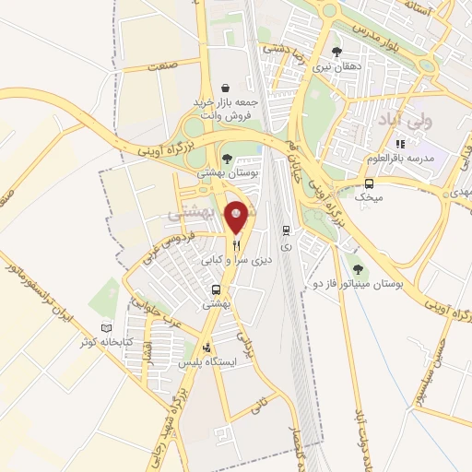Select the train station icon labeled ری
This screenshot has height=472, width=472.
coord(286,230)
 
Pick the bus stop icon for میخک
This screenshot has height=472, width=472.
coord(370,183)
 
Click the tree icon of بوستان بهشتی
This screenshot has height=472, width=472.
coord(227,159)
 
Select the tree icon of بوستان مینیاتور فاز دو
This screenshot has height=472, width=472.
coord(359,268)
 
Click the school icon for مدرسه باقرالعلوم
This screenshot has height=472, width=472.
coord(400,144)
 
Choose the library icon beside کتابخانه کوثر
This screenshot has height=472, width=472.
coord(105,328)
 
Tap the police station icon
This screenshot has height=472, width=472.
coord(206,348)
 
